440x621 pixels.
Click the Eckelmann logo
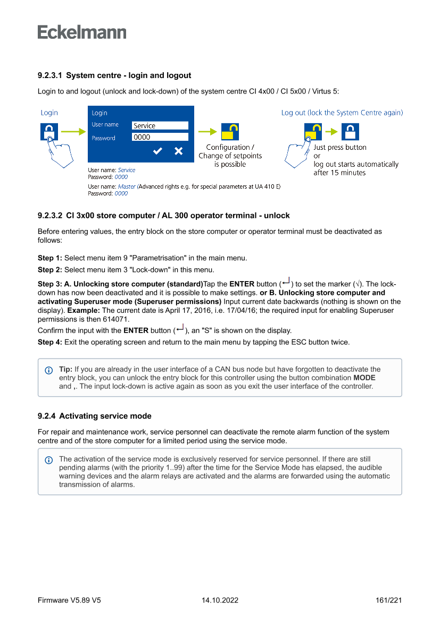pos(82,32)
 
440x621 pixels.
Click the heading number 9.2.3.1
pos(50,75)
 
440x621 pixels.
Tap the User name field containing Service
pos(160,126)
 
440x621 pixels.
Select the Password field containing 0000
pos(160,137)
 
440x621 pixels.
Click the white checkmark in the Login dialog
pos(157,151)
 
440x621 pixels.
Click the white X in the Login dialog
pos(178,151)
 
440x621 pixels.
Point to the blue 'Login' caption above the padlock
pos(49,113)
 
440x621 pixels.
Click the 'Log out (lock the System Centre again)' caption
pos(342,113)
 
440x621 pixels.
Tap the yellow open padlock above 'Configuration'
pos(230,132)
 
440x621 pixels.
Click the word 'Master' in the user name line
pos(127,187)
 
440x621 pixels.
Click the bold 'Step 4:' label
pos(50,342)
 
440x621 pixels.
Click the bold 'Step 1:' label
pos(50,258)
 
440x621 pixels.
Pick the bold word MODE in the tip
pos(364,378)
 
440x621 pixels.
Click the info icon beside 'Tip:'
pos(49,370)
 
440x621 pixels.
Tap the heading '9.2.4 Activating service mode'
pos(95,416)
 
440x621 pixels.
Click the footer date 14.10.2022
pos(220,600)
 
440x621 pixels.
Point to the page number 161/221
pos(388,600)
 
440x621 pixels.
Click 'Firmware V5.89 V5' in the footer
pos(69,600)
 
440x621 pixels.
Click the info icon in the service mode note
pos(49,460)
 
